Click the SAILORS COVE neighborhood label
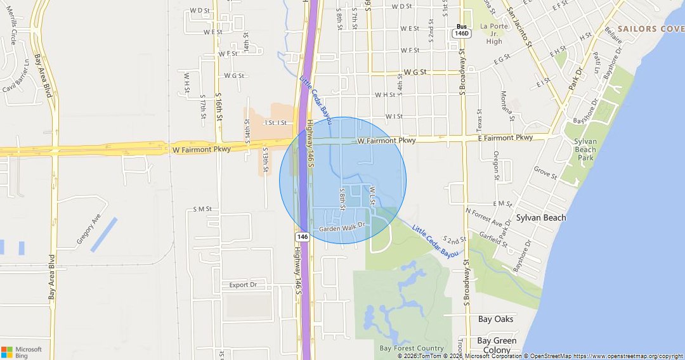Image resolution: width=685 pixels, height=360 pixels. (x=650, y=29)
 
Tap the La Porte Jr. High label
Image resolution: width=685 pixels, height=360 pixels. (x=494, y=34)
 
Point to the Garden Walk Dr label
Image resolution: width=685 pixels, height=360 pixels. (x=342, y=228)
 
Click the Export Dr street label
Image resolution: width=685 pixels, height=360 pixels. (x=243, y=285)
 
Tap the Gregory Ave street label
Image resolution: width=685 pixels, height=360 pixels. (x=89, y=229)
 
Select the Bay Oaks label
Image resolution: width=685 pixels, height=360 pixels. (x=496, y=319)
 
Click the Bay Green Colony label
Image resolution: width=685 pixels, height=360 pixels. (x=497, y=345)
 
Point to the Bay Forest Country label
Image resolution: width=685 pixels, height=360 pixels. (x=412, y=348)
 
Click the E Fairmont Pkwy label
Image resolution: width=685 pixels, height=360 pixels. (x=506, y=138)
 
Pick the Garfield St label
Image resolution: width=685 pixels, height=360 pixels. (x=495, y=236)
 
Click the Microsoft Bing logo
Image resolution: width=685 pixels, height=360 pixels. (x=22, y=352)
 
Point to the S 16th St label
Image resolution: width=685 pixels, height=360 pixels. (x=219, y=108)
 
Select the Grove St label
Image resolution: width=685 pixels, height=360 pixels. (x=545, y=172)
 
